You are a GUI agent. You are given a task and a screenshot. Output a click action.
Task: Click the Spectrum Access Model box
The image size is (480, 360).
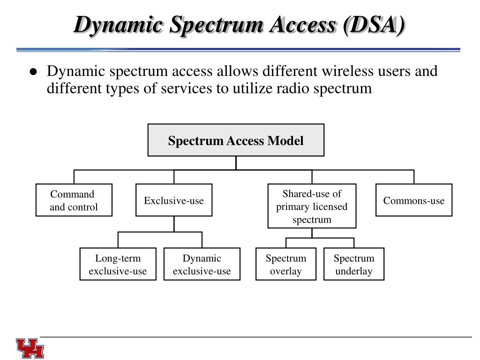point(236,140)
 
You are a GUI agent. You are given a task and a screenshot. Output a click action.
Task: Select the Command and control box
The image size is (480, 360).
point(74,200)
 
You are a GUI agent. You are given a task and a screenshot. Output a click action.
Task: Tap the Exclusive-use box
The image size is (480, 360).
point(174,200)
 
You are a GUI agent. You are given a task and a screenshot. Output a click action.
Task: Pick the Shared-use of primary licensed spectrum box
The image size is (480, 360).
point(312,206)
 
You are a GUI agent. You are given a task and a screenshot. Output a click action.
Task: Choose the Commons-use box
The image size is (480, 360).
point(414,200)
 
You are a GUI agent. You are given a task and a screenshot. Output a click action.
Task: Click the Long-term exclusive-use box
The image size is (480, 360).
point(118,264)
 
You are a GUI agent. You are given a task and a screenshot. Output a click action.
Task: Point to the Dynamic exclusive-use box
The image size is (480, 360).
point(202,264)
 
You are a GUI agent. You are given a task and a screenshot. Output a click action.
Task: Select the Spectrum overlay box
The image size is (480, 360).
point(286,264)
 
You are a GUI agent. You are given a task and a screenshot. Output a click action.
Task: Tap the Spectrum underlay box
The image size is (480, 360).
point(354,264)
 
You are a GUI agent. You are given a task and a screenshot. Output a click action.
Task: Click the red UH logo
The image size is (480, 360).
point(30,348)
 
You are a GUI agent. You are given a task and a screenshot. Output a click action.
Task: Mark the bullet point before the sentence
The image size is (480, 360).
point(33,72)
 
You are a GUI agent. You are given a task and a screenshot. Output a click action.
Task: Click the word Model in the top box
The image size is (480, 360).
point(285,141)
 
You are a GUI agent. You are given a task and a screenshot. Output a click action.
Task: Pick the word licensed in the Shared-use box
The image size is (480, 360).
point(332,207)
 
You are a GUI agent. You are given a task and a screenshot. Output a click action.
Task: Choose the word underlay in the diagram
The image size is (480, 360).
point(354,271)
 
